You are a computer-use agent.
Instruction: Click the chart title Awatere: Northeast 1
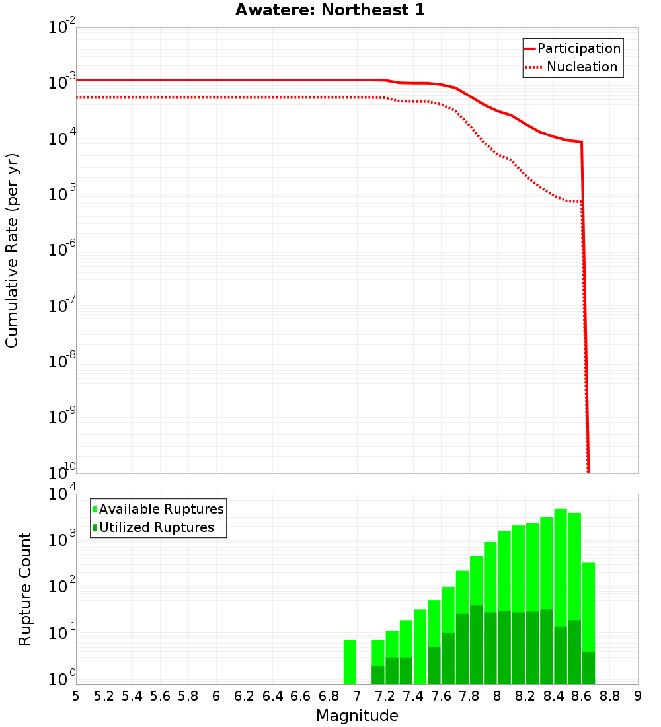(x=330, y=11)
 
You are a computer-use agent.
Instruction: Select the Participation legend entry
(x=578, y=48)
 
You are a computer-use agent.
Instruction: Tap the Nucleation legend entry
(x=582, y=67)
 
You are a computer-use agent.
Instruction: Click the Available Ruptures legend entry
(x=161, y=509)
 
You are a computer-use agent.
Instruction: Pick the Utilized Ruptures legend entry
(x=156, y=527)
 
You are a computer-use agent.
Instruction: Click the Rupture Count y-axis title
(x=25, y=588)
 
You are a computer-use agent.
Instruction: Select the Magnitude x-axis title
(x=357, y=715)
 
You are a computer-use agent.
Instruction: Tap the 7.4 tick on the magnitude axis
(x=413, y=696)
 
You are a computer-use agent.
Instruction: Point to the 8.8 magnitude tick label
(x=609, y=696)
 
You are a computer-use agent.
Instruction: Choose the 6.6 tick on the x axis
(x=301, y=696)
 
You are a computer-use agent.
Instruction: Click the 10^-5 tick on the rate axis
(x=62, y=194)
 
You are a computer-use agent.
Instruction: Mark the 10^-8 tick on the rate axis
(x=62, y=362)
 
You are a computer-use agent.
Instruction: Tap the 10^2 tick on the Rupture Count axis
(x=62, y=586)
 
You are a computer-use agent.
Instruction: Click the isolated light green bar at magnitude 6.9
(x=350, y=662)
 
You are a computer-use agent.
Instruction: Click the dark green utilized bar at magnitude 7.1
(x=378, y=674)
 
